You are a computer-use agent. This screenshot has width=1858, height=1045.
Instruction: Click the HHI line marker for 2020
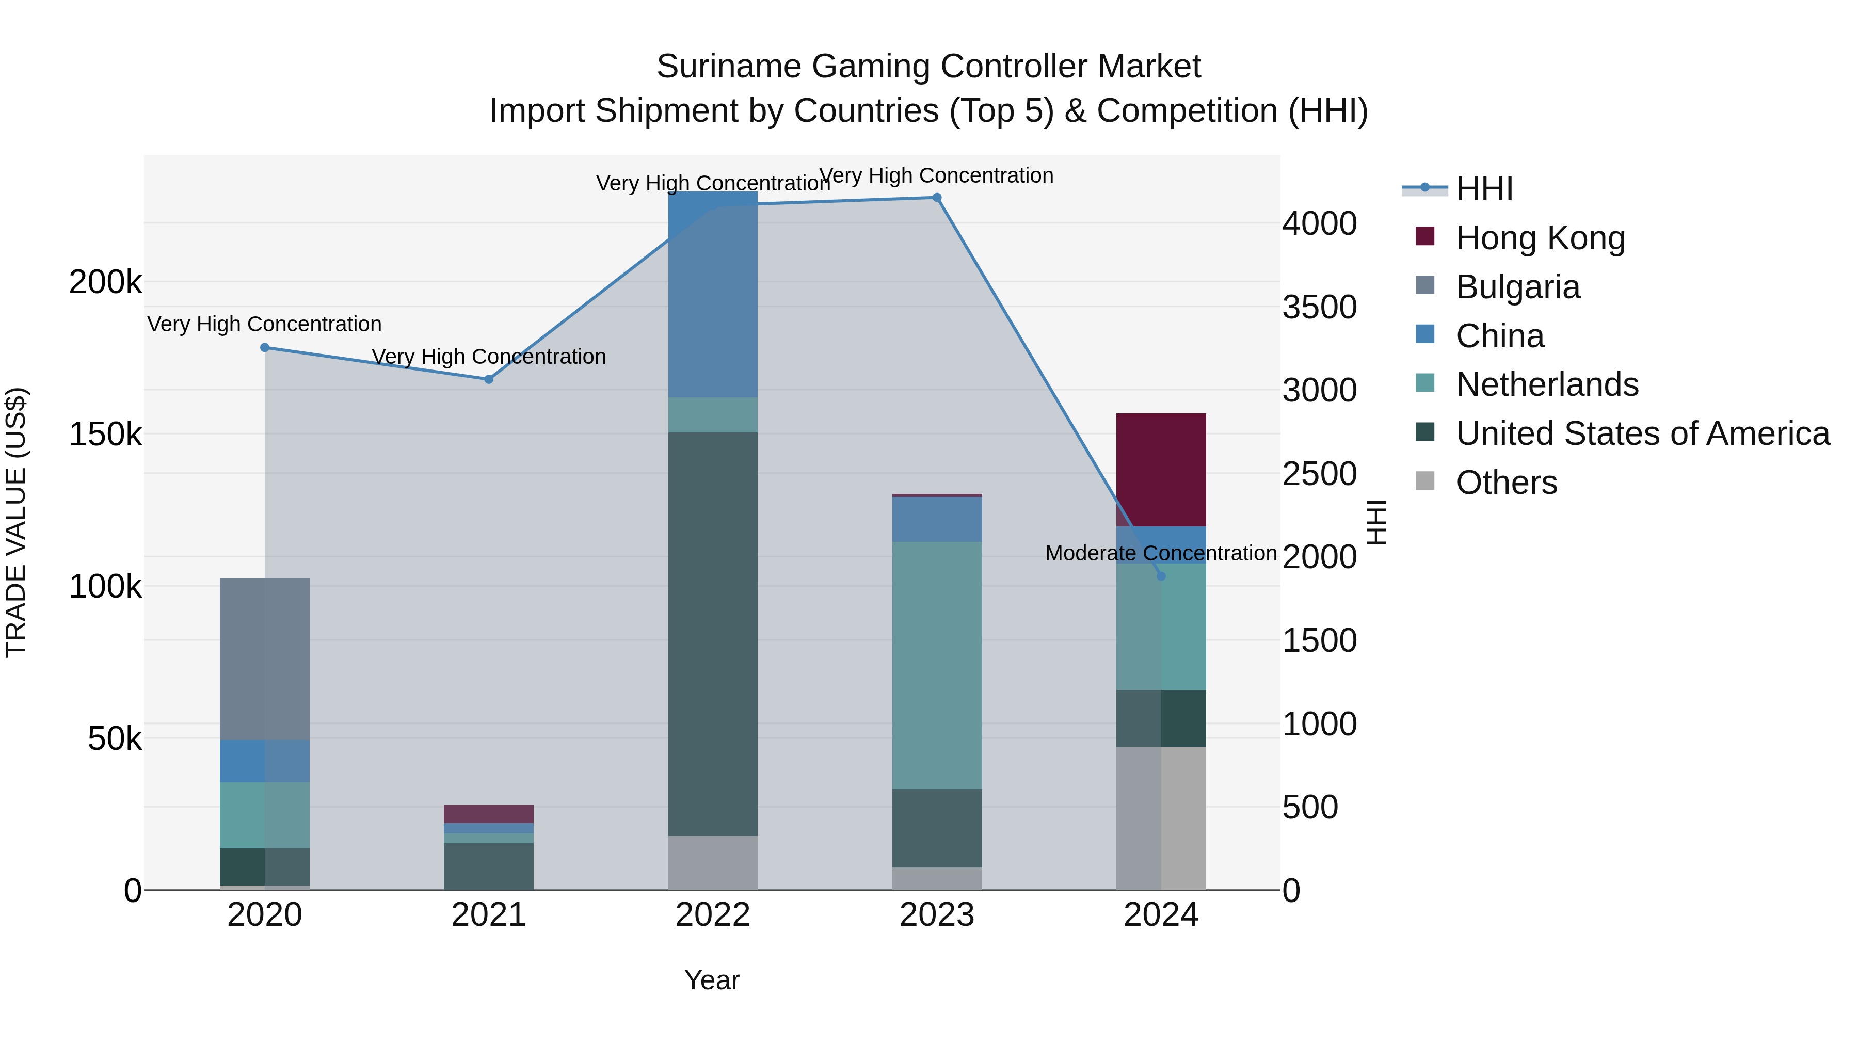click(x=265, y=348)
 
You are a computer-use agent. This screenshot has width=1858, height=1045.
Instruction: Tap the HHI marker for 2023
click(x=937, y=198)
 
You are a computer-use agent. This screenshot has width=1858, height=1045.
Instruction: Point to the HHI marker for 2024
click(x=1161, y=576)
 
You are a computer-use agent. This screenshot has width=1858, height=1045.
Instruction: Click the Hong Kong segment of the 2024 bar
click(x=1161, y=469)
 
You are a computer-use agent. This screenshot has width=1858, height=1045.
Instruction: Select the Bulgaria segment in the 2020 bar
click(x=265, y=658)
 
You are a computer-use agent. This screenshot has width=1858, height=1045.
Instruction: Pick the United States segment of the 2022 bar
click(x=713, y=635)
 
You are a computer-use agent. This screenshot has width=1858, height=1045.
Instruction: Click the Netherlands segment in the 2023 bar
click(x=937, y=665)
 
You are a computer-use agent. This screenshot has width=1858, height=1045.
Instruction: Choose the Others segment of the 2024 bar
click(x=1161, y=818)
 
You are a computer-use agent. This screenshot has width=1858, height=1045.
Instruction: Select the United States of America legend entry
click(x=1642, y=434)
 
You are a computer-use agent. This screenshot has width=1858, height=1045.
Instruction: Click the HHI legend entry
click(x=1484, y=189)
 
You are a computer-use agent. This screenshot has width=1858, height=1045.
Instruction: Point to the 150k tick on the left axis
click(x=105, y=435)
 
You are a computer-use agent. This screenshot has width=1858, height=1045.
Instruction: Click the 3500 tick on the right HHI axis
click(x=1319, y=307)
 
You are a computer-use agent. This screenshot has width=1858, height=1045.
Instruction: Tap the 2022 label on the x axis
click(x=713, y=915)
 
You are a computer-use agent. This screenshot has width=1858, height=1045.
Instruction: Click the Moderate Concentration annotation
click(x=1161, y=553)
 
